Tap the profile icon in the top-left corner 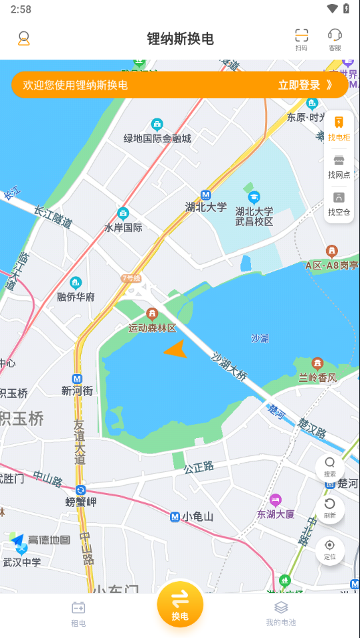click(x=24, y=38)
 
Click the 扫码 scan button click(x=302, y=39)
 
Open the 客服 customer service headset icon click(x=335, y=39)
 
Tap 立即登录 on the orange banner click(x=304, y=85)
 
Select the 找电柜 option click(x=339, y=128)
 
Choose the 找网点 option click(x=339, y=166)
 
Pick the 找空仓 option click(x=339, y=203)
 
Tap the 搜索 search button click(x=330, y=466)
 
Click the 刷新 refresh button click(x=330, y=508)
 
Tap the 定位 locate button click(x=330, y=549)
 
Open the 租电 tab click(x=78, y=613)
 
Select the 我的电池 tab click(x=281, y=613)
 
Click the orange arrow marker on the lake click(x=176, y=348)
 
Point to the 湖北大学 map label click(x=206, y=207)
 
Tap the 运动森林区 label click(x=152, y=328)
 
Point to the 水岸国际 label click(x=123, y=227)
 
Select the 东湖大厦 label click(x=276, y=514)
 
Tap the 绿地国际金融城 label click(x=157, y=138)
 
